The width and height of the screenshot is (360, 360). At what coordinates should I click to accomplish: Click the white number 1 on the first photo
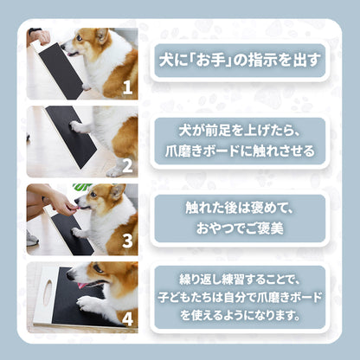[127, 87]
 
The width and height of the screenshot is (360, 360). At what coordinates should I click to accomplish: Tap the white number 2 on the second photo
[127, 165]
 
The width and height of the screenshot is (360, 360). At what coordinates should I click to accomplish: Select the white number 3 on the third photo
[127, 241]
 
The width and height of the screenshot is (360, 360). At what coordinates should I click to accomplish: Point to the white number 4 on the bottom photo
[127, 318]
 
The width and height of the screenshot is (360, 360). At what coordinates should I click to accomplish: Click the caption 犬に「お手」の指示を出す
[240, 61]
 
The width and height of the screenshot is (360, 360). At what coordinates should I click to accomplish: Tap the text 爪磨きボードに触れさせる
[240, 151]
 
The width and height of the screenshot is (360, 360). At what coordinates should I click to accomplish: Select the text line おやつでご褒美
[240, 228]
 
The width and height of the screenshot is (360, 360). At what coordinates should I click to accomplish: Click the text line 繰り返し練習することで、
[240, 280]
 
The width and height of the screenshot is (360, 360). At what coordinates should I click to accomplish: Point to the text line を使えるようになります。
[240, 315]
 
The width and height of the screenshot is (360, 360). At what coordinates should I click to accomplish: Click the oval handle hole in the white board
[48, 292]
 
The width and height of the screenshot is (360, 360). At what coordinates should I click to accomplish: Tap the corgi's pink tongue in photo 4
[83, 286]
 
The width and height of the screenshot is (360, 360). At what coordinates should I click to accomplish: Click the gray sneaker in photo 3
[32, 239]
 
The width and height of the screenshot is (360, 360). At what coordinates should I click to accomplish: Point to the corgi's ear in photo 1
[102, 36]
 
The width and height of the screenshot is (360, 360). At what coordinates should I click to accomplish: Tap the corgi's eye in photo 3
[93, 195]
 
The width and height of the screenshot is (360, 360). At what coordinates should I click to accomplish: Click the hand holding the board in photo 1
[40, 37]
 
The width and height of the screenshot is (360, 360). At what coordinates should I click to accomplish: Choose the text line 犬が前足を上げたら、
[240, 132]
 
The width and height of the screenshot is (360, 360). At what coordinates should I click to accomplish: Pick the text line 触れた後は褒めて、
[240, 208]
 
